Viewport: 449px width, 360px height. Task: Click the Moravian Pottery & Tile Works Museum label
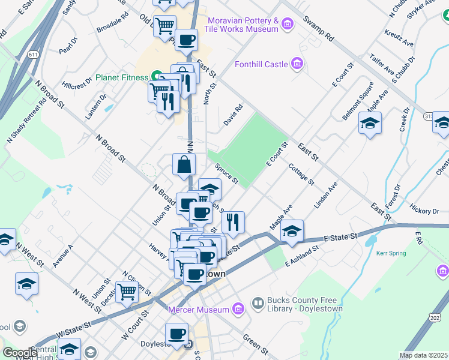click(x=241, y=25)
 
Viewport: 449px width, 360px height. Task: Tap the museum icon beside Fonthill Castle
click(x=296, y=63)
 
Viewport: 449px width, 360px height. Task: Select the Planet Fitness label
click(x=125, y=77)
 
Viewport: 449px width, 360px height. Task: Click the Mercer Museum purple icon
click(x=239, y=310)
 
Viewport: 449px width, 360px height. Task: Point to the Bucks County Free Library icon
click(x=258, y=303)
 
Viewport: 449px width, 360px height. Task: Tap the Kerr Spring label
click(x=391, y=253)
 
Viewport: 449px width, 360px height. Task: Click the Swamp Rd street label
click(x=318, y=28)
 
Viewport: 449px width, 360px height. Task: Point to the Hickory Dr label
click(x=424, y=211)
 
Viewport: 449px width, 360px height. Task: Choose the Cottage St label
click(x=301, y=173)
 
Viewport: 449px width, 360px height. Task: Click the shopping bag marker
click(x=184, y=163)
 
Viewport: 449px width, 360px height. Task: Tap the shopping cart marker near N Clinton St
click(x=127, y=292)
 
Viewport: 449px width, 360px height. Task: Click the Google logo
click(x=20, y=353)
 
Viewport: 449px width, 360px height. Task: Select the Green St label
click(x=255, y=343)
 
